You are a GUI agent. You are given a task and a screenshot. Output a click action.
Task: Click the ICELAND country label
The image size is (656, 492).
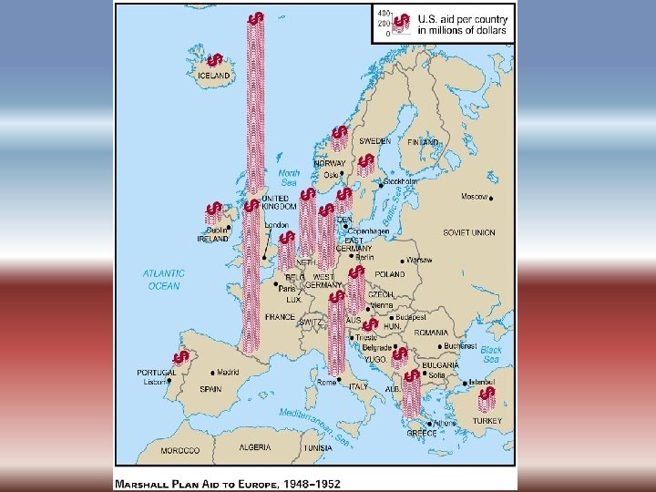point(213,76)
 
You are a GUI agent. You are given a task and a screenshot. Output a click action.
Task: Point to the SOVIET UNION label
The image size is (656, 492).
point(469,232)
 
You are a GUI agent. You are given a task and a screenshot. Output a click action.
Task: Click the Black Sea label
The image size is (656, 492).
point(490,354)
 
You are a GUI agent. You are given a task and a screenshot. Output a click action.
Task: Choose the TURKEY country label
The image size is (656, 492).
point(487,421)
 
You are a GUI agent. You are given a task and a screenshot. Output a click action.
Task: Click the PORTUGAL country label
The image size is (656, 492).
point(157,373)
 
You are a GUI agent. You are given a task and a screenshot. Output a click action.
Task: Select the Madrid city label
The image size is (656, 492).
point(228,372)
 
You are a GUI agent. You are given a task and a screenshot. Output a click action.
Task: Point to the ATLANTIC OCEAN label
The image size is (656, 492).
point(164,279)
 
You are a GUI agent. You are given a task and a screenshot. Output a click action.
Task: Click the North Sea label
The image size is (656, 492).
point(289,177)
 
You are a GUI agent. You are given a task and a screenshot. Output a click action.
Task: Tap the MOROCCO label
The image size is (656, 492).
point(180,451)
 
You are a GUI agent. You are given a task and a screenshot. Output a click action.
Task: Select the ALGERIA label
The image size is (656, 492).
point(254,447)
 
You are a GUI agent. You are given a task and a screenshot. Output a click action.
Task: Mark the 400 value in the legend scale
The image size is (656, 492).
point(384,14)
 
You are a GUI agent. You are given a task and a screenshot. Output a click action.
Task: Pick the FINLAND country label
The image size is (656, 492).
point(424,143)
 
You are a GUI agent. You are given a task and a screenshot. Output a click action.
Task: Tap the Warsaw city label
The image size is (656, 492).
point(419,260)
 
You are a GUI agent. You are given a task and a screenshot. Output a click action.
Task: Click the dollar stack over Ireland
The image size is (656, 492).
point(214,212)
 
